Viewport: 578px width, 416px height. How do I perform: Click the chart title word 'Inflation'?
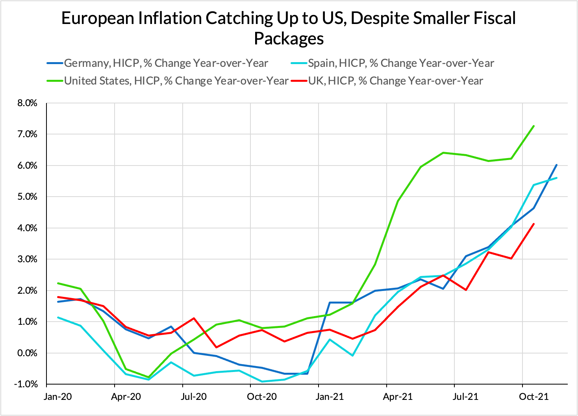[x=170, y=18]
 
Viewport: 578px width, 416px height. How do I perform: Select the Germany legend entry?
[x=166, y=63]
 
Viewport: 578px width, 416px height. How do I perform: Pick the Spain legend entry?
[x=400, y=63]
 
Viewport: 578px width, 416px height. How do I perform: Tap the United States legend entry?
[x=176, y=81]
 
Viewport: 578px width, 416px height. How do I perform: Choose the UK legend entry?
[x=395, y=81]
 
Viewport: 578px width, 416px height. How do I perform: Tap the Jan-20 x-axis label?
[x=58, y=396]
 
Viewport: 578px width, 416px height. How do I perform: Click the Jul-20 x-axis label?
[x=194, y=396]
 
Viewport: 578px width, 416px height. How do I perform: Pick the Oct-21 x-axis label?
[x=534, y=396]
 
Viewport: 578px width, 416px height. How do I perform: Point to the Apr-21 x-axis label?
[x=398, y=396]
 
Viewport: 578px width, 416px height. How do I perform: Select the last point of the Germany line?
[x=556, y=165]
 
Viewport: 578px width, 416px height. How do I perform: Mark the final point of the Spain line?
[x=556, y=178]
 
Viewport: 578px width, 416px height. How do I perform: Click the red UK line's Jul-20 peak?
[x=194, y=318]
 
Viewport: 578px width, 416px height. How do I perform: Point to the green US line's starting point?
[x=58, y=283]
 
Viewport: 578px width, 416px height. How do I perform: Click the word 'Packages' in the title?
[x=289, y=39]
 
